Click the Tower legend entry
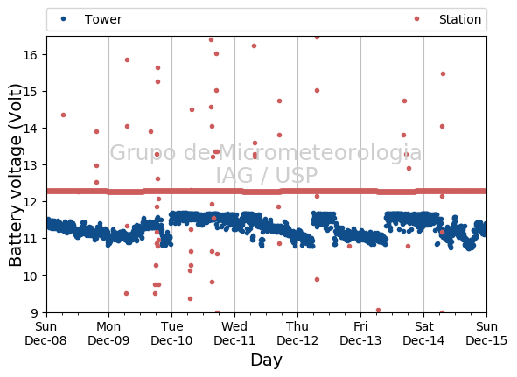[91, 19]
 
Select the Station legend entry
[448, 19]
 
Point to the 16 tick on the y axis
[30, 55]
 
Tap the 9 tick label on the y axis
[34, 312]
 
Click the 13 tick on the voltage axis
[30, 165]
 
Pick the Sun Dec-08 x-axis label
[45, 333]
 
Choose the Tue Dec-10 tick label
[171, 333]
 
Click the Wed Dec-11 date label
[234, 333]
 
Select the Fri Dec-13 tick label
[360, 333]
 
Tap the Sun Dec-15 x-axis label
[486, 333]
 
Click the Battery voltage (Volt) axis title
[15, 175]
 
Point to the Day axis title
[267, 360]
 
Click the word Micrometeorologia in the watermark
[320, 152]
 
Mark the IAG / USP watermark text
[267, 175]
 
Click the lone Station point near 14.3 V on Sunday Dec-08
[63, 115]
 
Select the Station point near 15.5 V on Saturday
[443, 73]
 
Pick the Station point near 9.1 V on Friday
[378, 310]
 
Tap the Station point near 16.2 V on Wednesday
[254, 45]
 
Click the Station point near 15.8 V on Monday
[127, 60]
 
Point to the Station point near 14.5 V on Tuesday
[192, 110]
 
